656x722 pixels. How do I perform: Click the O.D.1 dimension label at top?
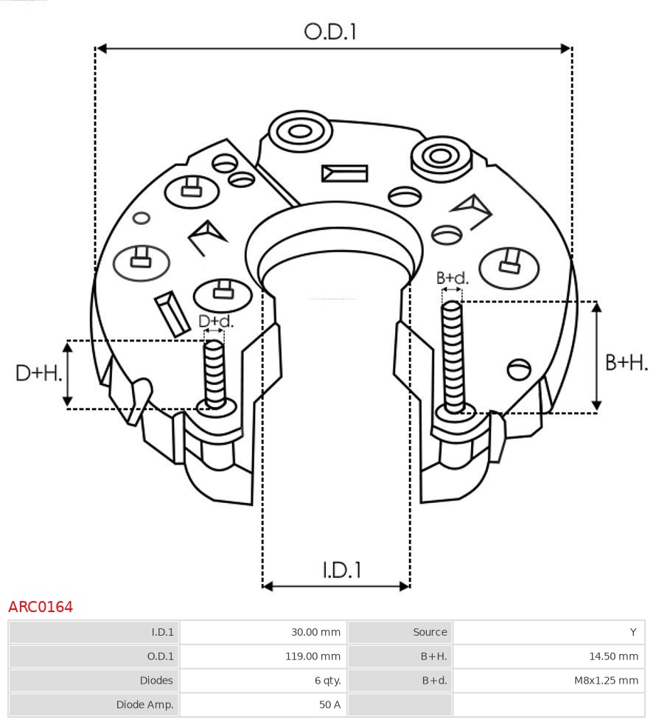pos(330,32)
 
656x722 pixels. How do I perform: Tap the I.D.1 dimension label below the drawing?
pos(342,569)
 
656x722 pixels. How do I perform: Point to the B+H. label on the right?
pos(626,362)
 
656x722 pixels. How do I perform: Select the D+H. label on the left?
pos(38,373)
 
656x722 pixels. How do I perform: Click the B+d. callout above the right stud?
pos(452,278)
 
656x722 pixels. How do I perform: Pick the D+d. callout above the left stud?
pos(215,322)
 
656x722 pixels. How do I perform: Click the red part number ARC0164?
pos(41,607)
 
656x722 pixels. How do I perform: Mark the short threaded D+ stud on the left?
pos(214,373)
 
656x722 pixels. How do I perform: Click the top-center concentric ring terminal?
pos(300,132)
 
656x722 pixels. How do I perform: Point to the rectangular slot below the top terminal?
pos(344,173)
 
